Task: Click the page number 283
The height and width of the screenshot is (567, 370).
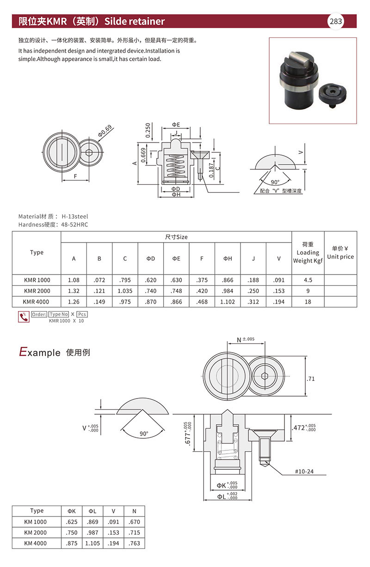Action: [336, 21]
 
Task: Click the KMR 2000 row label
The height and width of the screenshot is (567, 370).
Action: [37, 291]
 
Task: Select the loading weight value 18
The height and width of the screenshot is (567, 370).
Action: [308, 302]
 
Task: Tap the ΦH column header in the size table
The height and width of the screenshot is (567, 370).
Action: [228, 259]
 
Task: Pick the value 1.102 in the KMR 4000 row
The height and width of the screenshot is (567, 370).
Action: [228, 302]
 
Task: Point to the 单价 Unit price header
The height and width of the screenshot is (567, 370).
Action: [340, 253]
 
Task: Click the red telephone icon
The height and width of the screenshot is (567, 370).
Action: [23, 317]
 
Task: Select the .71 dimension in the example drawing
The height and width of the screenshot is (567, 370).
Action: [311, 379]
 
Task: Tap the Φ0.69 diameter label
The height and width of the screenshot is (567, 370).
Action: [105, 131]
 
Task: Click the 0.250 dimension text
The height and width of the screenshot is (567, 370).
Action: [148, 131]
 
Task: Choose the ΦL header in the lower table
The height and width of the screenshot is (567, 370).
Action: [92, 511]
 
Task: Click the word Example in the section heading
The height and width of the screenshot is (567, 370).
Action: [40, 352]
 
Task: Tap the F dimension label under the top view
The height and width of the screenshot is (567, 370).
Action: [75, 176]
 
